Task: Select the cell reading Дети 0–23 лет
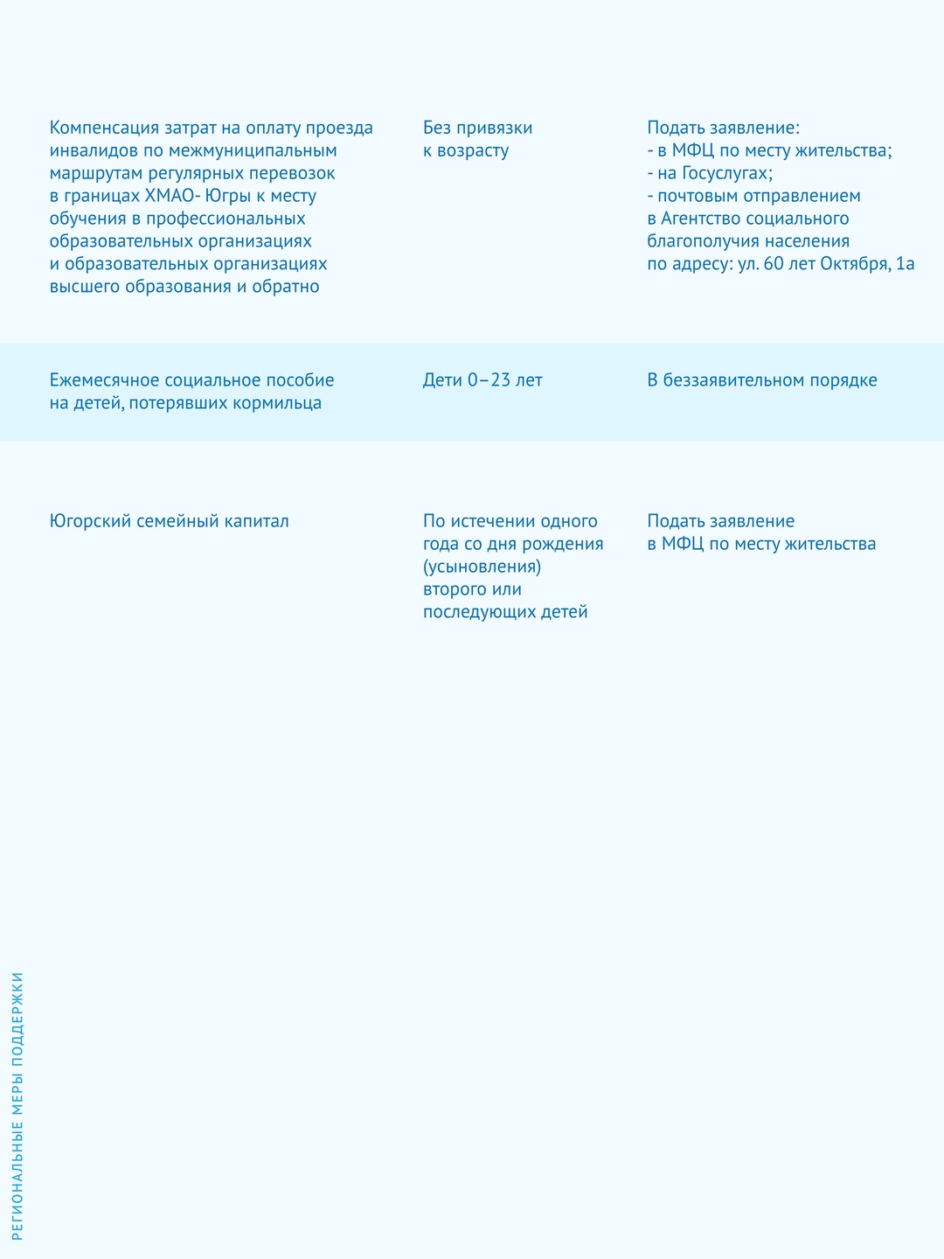pos(482,380)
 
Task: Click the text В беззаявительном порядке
pos(762,380)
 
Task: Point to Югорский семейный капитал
pos(170,521)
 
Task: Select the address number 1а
pos(905,264)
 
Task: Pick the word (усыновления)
pos(482,567)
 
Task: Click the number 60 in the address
pos(774,264)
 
